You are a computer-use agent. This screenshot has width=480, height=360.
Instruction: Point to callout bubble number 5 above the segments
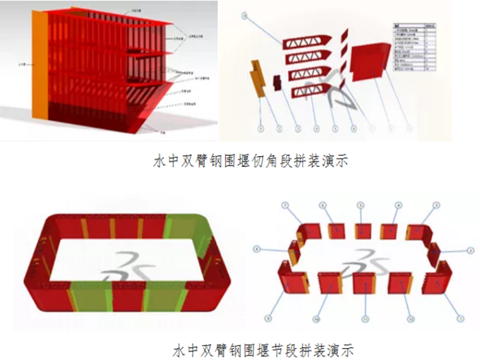tap(361, 205)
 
